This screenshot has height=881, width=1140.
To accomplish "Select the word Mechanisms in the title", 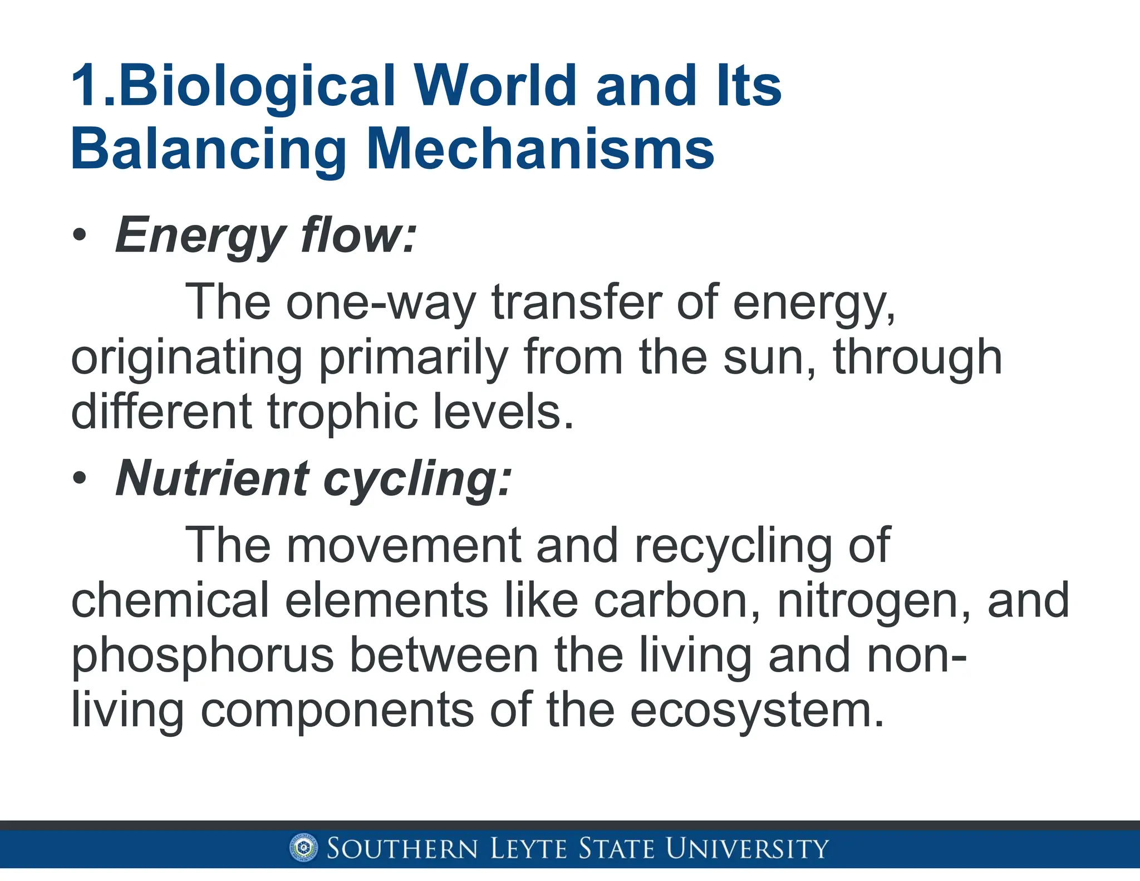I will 540,149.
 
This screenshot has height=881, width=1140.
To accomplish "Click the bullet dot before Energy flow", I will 80,236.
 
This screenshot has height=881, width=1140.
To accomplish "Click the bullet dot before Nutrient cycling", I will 80,478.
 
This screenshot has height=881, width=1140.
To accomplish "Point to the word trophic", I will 342,412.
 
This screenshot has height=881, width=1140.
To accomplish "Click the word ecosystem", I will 757,710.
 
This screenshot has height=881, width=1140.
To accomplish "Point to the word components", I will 337,710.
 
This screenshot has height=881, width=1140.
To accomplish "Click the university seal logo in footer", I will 304,849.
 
